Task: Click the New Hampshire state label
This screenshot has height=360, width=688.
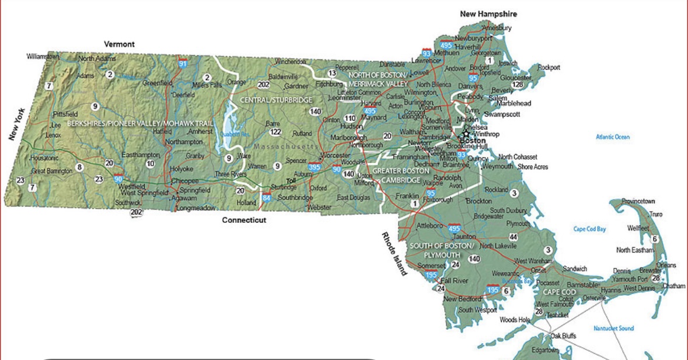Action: coord(488,14)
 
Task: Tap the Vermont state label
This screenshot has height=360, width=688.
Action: coord(119,44)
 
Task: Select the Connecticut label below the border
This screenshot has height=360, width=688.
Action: coord(244,220)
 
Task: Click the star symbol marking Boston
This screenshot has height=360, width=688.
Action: coord(466,134)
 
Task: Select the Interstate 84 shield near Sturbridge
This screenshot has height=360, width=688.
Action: coord(267,198)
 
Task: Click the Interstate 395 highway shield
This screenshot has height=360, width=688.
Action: coord(315,167)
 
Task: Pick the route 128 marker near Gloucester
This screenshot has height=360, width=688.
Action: coord(517,85)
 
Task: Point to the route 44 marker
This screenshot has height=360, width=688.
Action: coord(513,237)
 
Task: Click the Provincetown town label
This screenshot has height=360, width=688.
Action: coord(638,201)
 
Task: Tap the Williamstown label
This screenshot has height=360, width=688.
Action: coord(43,57)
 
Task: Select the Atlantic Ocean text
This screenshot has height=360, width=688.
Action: coord(613,137)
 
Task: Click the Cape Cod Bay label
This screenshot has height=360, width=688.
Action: coord(589,229)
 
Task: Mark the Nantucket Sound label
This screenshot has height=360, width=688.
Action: coord(613,328)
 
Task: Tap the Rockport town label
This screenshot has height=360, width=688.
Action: coord(549,68)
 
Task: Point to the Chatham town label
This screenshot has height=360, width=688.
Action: coord(673,286)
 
